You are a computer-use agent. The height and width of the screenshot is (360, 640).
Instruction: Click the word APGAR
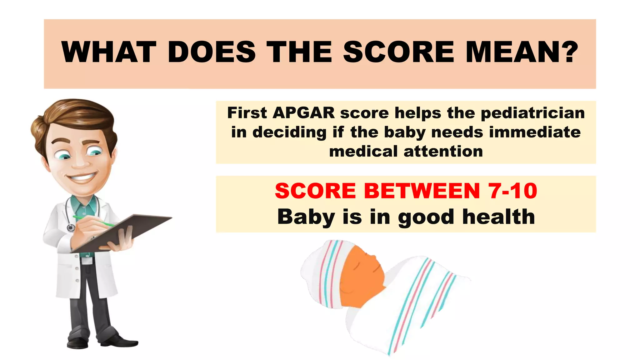pyautogui.click(x=303, y=113)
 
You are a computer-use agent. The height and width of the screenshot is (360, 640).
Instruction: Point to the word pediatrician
pyautogui.click(x=532, y=113)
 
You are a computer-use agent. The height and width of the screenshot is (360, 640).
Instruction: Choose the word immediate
pyautogui.click(x=535, y=132)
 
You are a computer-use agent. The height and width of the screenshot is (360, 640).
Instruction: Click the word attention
pyautogui.click(x=443, y=152)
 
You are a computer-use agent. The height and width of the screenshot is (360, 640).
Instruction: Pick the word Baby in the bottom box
pyautogui.click(x=306, y=217)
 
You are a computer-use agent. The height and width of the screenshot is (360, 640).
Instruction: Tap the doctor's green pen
pyautogui.click(x=94, y=221)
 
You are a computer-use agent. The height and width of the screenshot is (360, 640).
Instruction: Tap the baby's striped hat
pyautogui.click(x=325, y=272)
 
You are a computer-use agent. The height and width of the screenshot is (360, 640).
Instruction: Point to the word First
pyautogui.click(x=247, y=113)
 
